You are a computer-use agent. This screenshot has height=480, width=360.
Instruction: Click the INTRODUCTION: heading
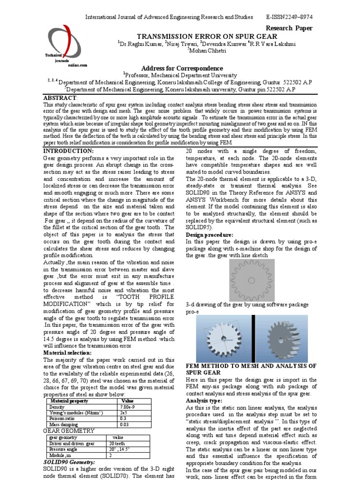click(68, 150)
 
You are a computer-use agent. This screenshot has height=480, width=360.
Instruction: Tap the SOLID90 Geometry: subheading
click(69, 462)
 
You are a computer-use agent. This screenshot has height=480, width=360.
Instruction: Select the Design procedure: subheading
click(210, 234)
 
